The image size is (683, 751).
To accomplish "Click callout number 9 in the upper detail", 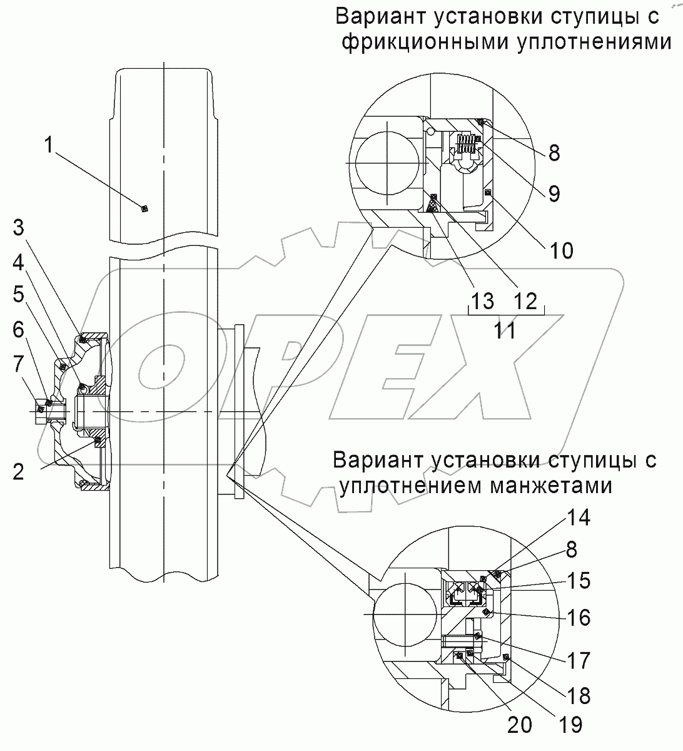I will [554, 193].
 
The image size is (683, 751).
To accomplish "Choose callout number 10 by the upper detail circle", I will [561, 250].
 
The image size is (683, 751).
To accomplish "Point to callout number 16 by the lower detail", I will [579, 618].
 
